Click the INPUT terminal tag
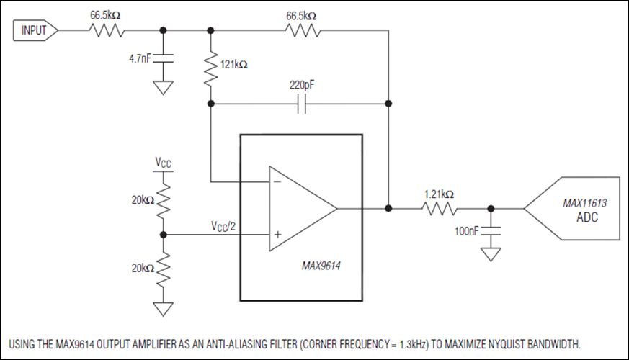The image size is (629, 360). pos(35,30)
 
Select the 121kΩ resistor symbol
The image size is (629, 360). pos(210,68)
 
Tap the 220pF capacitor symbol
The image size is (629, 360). pos(302,104)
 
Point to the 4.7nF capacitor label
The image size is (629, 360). pos(140,58)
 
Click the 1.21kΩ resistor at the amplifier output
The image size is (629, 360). pos(440,209)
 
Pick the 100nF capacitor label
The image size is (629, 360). pos(467,231)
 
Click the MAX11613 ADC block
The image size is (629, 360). pos(571,209)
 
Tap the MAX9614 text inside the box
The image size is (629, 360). pos(321,266)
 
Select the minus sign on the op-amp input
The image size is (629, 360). pos(277,181)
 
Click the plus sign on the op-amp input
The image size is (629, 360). pos(277,235)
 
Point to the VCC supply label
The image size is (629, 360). pos(163,163)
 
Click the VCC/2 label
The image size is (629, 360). pos(223,227)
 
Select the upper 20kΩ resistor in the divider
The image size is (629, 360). pos(164,201)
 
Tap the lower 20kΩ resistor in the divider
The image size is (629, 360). pos(164,269)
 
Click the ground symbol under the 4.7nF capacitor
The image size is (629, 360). pos(163,88)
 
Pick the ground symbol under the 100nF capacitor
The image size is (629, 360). pos(491,255)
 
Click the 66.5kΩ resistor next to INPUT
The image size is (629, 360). pos(107,30)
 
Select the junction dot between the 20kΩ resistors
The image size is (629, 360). pos(164,235)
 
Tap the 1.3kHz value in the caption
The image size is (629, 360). pos(413,344)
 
